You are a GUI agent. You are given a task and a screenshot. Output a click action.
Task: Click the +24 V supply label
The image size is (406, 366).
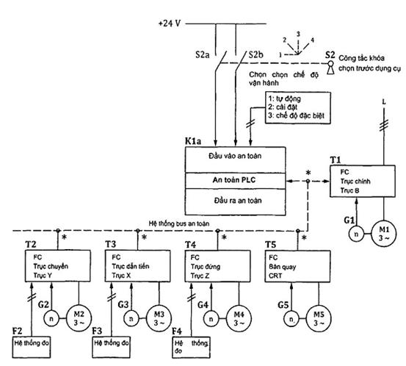pos(170,24)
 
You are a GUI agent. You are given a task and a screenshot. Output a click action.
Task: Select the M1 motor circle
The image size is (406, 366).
pos(384,234)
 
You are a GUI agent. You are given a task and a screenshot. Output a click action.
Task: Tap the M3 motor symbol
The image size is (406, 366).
pos(159,318)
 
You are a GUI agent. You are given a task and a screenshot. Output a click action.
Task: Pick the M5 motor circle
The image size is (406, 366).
pos(319,318)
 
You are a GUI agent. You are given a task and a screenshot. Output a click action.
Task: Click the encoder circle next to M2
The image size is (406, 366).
pos(51,318)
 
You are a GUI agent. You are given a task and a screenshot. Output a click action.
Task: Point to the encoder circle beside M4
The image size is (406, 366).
pos(211,318)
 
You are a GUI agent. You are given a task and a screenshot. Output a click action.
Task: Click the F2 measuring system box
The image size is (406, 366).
pos(32,347)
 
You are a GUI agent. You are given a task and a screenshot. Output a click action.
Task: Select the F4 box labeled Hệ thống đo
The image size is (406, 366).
pos(191,347)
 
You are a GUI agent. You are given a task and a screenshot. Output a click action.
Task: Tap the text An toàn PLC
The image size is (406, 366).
pos(234,180)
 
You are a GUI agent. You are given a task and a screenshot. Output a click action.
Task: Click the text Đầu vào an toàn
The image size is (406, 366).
pos(235,156)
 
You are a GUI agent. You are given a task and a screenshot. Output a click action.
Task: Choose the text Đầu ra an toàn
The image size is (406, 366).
pos(238,201)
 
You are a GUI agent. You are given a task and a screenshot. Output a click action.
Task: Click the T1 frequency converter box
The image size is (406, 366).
pos(363,181)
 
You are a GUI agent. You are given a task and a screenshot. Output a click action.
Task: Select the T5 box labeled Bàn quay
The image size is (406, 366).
pos(297,266)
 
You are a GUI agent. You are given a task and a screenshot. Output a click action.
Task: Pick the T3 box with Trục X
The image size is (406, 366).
pos(137,266)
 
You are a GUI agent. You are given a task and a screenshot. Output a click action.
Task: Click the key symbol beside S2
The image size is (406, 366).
pos(330,68)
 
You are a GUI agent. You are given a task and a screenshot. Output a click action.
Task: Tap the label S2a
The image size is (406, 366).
pos(203,55)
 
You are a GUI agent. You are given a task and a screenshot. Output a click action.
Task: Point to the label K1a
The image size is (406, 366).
pos(193,141)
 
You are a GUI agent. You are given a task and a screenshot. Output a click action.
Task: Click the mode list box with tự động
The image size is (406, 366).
pos(298,107)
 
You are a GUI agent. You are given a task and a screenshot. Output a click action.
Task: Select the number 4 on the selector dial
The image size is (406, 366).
pos(312,40)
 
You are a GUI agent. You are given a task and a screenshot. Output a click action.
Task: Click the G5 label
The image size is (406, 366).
pos(283,305)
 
